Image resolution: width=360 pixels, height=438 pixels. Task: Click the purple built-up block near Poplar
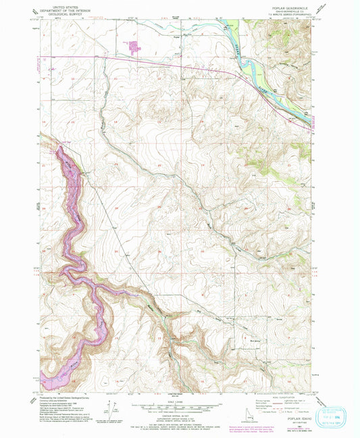pos(134,47)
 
